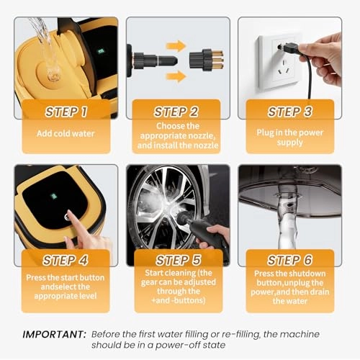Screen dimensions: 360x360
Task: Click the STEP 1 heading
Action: (x=66, y=112)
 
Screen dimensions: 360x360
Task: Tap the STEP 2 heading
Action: (x=176, y=112)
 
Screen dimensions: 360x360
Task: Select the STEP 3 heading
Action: (x=290, y=112)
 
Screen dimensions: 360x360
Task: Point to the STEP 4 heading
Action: (x=66, y=260)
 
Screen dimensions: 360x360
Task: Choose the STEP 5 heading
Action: (x=178, y=260)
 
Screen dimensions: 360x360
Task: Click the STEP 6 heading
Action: (x=290, y=260)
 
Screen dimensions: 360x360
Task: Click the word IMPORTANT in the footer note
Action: (x=54, y=334)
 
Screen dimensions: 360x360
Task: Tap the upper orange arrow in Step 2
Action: (x=176, y=45)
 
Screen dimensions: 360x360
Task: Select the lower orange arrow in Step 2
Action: (x=176, y=76)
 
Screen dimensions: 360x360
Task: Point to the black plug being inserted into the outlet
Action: (x=289, y=47)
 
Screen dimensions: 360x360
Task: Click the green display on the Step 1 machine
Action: (x=101, y=51)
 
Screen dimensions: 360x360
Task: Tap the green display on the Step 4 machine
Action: (x=54, y=196)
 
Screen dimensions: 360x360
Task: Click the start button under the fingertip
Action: (x=67, y=217)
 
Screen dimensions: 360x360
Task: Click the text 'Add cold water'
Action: (x=66, y=133)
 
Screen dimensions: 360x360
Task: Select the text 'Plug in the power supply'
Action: (x=290, y=138)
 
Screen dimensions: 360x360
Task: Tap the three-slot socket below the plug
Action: (x=285, y=68)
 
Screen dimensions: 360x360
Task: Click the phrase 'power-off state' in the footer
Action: (x=190, y=345)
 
